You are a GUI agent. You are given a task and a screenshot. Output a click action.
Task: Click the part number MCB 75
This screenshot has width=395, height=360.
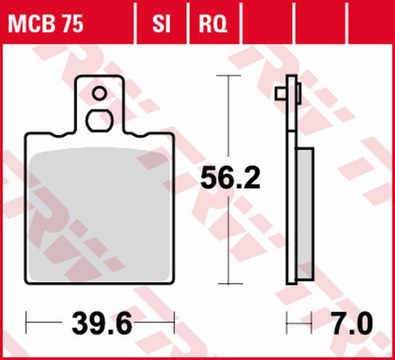pyautogui.click(x=45, y=25)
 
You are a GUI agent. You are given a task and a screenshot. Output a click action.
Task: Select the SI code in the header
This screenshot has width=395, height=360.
pyautogui.click(x=161, y=25)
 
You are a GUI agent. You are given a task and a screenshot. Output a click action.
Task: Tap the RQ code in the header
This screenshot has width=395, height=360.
pyautogui.click(x=213, y=25)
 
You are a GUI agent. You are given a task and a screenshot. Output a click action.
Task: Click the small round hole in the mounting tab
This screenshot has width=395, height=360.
pyautogui.click(x=99, y=94)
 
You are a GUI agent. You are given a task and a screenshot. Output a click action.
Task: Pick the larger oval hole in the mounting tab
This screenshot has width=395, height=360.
pyautogui.click(x=99, y=119)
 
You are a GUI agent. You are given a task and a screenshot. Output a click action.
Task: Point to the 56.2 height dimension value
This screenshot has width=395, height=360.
pyautogui.click(x=230, y=179)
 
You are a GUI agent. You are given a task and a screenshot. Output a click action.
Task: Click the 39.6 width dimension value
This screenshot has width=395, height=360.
pyautogui.click(x=101, y=325)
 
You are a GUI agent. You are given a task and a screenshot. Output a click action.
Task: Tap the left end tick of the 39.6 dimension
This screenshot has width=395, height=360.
pyautogui.click(x=27, y=325)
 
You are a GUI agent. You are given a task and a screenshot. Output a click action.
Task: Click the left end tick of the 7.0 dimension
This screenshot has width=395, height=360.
pyautogui.click(x=287, y=325)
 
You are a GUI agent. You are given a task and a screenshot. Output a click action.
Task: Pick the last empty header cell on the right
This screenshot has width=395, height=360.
pyautogui.click(x=370, y=25)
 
